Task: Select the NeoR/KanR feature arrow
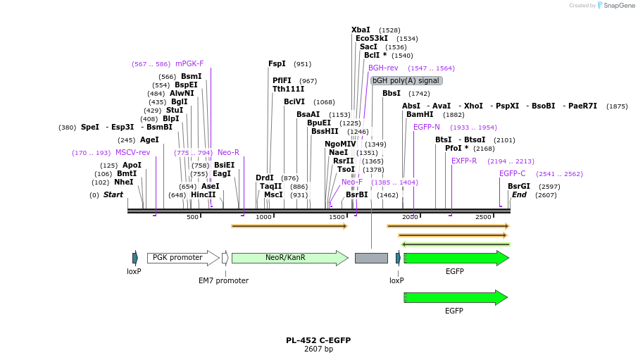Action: pos(289,258)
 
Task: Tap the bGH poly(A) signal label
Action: pos(406,80)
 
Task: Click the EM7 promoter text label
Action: pos(223,280)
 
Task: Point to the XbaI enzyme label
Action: pos(361,30)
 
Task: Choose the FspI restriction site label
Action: pos(277,63)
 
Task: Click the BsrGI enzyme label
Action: pos(519,186)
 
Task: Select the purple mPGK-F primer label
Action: pos(189,63)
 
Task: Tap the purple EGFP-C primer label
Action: pos(513,173)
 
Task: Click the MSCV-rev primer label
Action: pos(133,152)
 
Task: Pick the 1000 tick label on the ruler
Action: pos(263,217)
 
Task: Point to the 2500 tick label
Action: pos(483,217)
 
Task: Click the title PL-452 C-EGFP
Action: pos(318,340)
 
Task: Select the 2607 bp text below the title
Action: pos(318,349)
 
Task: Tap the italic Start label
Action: pos(113,194)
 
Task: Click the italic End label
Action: pos(519,194)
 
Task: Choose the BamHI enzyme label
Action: pos(420,114)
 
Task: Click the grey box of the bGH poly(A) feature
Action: pos(371,258)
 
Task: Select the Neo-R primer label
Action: pos(228,152)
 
